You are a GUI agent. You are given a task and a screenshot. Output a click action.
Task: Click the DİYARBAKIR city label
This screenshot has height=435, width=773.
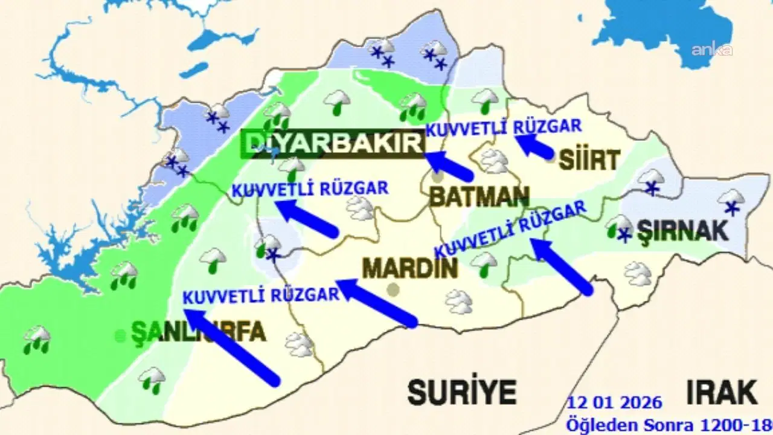click(x=333, y=144)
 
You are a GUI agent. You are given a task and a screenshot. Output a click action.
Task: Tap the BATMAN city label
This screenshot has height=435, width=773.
click(x=479, y=196)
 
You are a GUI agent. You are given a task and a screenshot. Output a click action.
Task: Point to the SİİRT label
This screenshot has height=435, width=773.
click(x=589, y=160)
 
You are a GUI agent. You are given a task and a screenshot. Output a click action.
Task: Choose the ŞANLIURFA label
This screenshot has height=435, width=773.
click(x=199, y=332)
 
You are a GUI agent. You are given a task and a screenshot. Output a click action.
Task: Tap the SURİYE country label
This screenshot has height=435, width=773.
click(x=462, y=392)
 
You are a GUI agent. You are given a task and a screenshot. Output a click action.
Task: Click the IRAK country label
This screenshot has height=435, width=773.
click(x=721, y=392)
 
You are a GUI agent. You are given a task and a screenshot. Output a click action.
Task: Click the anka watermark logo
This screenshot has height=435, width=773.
click(x=712, y=50)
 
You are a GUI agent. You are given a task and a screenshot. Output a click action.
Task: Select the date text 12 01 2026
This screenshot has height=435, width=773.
click(x=615, y=402)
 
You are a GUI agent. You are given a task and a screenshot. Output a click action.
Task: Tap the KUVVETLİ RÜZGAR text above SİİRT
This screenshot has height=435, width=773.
click(x=504, y=127)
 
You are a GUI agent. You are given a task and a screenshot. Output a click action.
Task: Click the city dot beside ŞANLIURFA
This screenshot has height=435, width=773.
click(x=121, y=335)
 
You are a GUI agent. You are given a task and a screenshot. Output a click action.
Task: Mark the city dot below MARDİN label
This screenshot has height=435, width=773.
click(x=394, y=290)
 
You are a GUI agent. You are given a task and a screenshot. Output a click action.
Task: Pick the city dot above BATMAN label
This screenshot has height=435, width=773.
click(x=438, y=177)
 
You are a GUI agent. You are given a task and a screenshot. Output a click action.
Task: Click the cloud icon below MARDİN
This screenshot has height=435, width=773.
click(x=458, y=301)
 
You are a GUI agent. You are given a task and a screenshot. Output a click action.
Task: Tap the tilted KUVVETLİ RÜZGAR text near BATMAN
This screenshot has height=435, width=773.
click(x=510, y=230)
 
